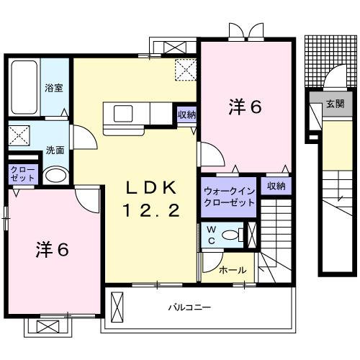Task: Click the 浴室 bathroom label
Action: tap(54, 89)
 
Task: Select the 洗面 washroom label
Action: tap(55, 150)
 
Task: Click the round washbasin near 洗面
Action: tap(55, 175)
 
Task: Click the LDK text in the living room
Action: tap(151, 189)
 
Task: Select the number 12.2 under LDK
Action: tap(151, 211)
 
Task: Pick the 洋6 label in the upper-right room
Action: tap(246, 107)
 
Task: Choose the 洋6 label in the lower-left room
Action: tap(53, 249)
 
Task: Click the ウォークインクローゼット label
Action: tap(229, 197)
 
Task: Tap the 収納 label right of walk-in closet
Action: tap(276, 186)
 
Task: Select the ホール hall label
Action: tap(233, 270)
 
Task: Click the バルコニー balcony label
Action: tap(190, 307)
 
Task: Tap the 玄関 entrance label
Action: tap(334, 104)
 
